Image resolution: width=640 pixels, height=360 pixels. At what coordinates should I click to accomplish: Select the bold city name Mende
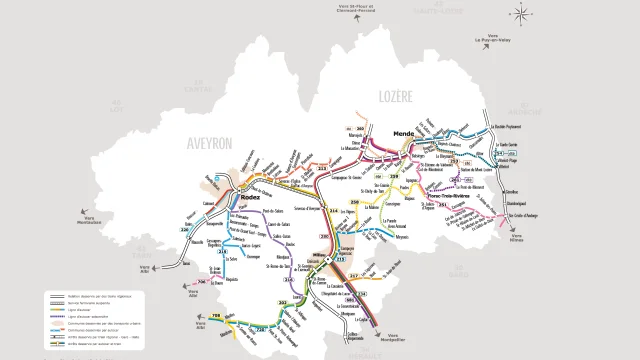(x=404, y=133)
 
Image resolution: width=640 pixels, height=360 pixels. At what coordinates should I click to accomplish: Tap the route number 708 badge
(x=214, y=318)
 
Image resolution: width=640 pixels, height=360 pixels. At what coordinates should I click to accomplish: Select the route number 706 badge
(x=204, y=283)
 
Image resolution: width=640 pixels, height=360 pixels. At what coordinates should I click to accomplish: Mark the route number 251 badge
(x=440, y=206)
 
